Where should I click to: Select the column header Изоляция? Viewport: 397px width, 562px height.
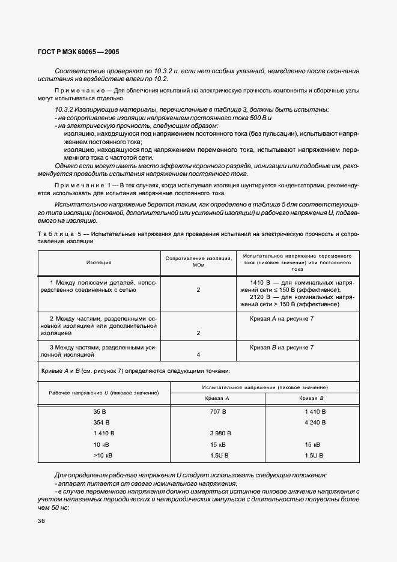click(x=98, y=262)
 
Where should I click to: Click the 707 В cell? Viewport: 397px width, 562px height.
click(x=217, y=412)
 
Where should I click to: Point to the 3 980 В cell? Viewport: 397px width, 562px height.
click(x=217, y=434)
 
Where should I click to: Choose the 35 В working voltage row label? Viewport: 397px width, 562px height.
click(x=100, y=412)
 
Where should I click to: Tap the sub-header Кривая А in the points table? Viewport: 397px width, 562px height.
click(x=217, y=398)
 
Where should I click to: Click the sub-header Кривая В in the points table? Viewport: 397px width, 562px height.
click(x=312, y=398)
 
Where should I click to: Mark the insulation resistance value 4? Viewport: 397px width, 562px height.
click(x=198, y=354)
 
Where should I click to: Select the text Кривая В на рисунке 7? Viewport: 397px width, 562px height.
click(x=282, y=347)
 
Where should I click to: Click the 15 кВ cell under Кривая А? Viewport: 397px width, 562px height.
click(x=217, y=444)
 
